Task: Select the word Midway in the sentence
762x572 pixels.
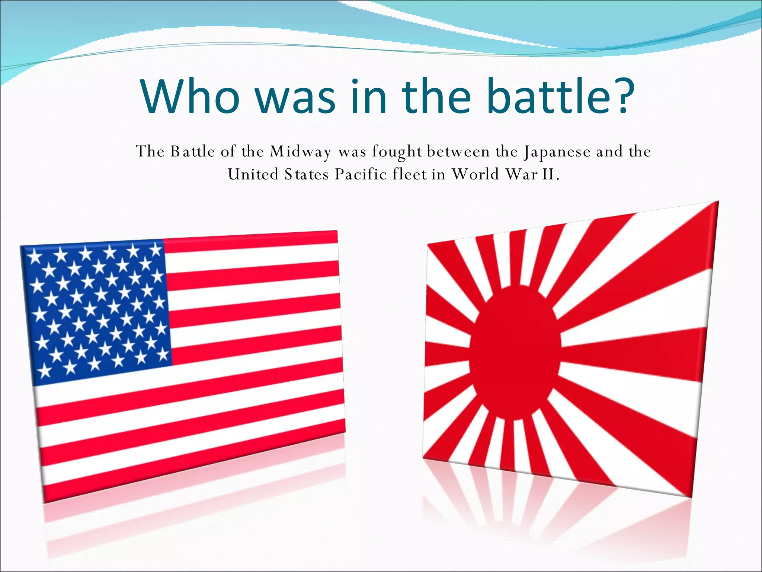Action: (x=300, y=152)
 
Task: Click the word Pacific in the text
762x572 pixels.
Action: (x=361, y=174)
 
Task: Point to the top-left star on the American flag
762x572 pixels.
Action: (x=35, y=256)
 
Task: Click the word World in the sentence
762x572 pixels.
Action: (x=475, y=174)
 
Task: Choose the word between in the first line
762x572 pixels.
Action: (x=458, y=152)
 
